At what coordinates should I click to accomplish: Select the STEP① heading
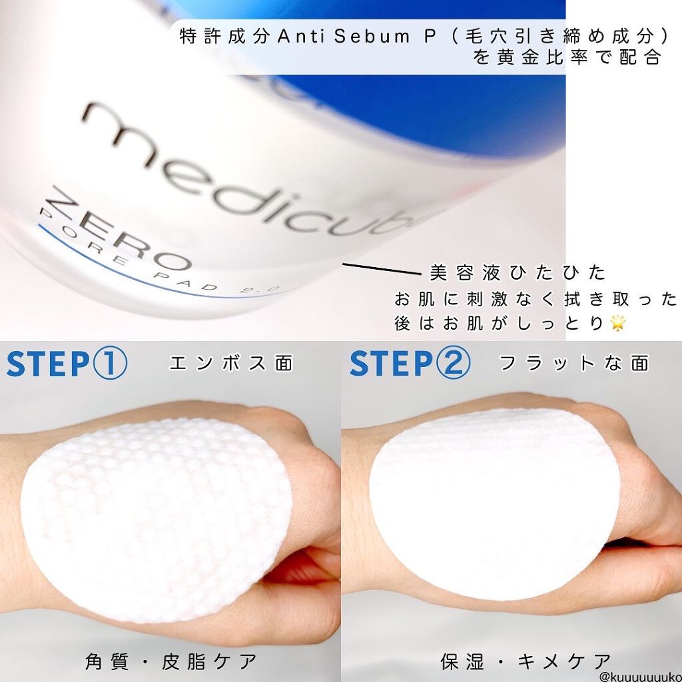point(67,364)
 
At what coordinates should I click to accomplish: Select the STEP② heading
point(410,364)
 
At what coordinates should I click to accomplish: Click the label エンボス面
point(230,364)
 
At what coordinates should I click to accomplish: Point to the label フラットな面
point(573,364)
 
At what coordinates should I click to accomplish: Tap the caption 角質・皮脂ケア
point(170,661)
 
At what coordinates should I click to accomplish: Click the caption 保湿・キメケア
point(526,661)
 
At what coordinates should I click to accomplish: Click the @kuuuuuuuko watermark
point(639,675)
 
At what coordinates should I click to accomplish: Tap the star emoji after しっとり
point(619,323)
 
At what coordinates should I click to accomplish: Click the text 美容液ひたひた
point(518,273)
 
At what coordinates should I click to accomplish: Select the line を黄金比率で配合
point(567,58)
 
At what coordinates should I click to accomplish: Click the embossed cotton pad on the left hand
point(157,519)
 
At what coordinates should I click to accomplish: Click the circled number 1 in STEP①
point(109,364)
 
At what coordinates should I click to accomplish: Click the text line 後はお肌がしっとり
point(500,324)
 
